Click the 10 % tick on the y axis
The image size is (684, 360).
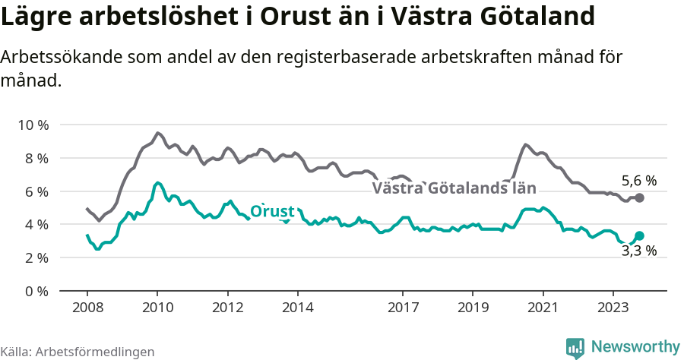tap(33, 125)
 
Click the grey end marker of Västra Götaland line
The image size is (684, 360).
tap(640, 197)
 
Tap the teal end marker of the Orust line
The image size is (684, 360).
tap(640, 236)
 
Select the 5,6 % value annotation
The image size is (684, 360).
tap(638, 181)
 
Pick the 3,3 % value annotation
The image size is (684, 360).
tap(638, 251)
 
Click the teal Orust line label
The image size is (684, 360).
tap(272, 211)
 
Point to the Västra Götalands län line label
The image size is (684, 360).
tap(454, 188)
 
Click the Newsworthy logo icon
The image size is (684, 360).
tap(575, 347)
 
